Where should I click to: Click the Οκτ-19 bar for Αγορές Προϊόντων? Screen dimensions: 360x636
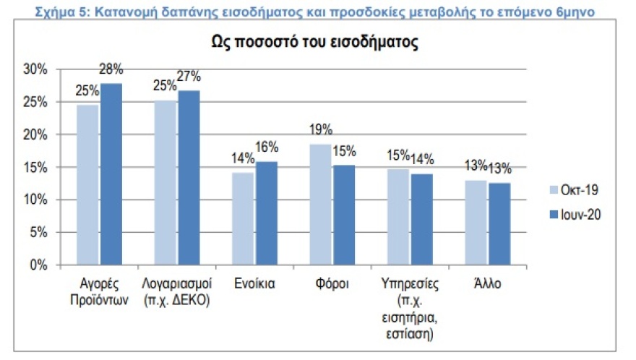[x=87, y=184]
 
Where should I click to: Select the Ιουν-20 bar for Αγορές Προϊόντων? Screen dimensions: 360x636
[x=111, y=174]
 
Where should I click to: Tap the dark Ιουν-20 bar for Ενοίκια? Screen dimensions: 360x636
[x=266, y=213]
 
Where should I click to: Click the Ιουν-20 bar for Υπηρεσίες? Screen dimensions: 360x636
[x=421, y=219]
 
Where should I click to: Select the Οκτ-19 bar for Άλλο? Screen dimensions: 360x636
[x=476, y=223]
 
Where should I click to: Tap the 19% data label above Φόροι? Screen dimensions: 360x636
[x=319, y=130]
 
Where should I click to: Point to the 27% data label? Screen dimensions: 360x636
[x=189, y=77]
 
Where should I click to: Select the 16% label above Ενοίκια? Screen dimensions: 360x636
[x=267, y=147]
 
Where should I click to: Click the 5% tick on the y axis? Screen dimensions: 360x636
[x=38, y=233]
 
